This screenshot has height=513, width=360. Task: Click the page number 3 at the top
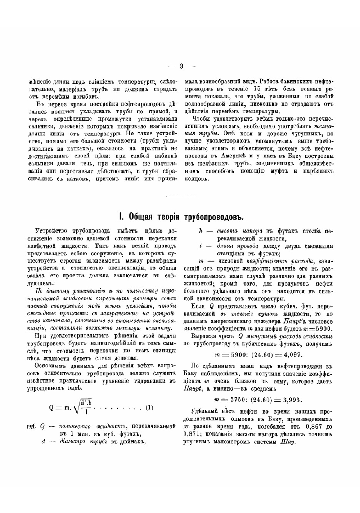pyautogui.click(x=181, y=66)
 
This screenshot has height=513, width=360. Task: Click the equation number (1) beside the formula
pyautogui.click(x=149, y=408)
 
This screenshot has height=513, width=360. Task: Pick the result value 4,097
pyautogui.click(x=291, y=354)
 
